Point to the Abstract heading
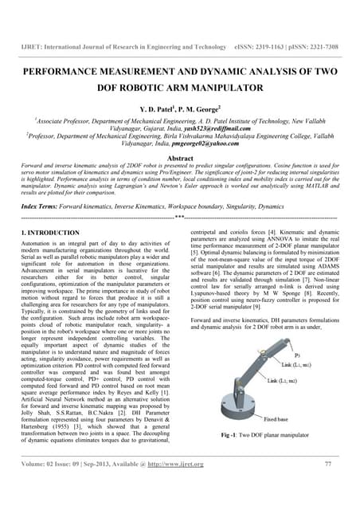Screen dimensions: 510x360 coord(179,159)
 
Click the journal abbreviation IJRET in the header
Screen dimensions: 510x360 coord(31,47)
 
